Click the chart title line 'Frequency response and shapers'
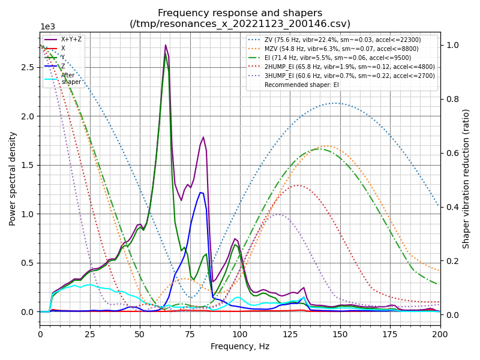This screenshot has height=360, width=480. point(240,13)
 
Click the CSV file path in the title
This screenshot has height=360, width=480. point(240,24)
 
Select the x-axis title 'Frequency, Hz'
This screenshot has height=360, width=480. point(240,346)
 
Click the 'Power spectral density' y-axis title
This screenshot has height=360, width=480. point(13,179)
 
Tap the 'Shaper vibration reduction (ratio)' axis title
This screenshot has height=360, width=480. point(466,179)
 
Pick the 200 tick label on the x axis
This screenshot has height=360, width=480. point(440,334)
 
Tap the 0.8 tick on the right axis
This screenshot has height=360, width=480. point(452,99)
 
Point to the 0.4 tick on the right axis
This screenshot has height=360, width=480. point(452,207)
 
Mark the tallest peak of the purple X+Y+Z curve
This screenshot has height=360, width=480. point(166,45)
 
